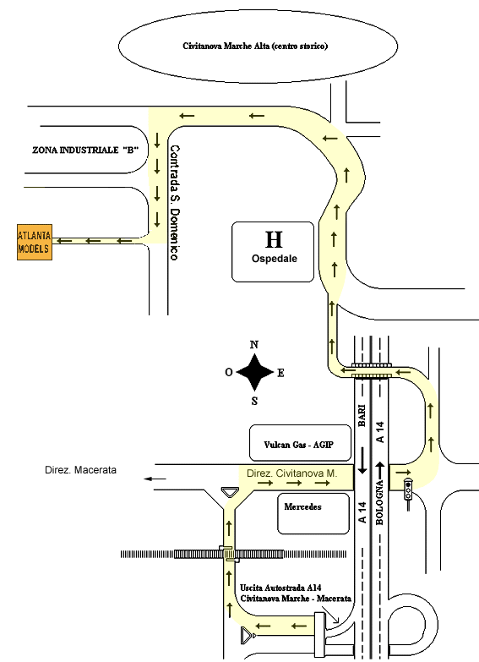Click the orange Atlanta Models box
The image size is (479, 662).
[35, 242]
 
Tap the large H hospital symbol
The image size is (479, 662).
[274, 239]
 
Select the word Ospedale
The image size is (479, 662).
[275, 259]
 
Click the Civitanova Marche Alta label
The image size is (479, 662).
[255, 46]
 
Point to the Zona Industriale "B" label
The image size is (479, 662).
[85, 150]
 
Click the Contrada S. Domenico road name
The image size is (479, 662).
[174, 203]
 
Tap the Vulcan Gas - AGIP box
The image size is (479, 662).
[300, 443]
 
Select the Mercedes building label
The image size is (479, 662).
[302, 506]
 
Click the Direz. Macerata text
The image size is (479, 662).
[80, 470]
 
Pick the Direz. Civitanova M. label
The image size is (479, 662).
[292, 473]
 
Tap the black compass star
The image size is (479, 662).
[254, 372]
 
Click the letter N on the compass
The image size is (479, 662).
[254, 344]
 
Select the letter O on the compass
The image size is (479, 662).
[229, 372]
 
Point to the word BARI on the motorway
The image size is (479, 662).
[362, 416]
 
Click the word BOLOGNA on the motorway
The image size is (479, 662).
[379, 502]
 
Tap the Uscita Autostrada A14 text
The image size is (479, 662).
[280, 588]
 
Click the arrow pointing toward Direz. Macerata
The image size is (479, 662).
[155, 479]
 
